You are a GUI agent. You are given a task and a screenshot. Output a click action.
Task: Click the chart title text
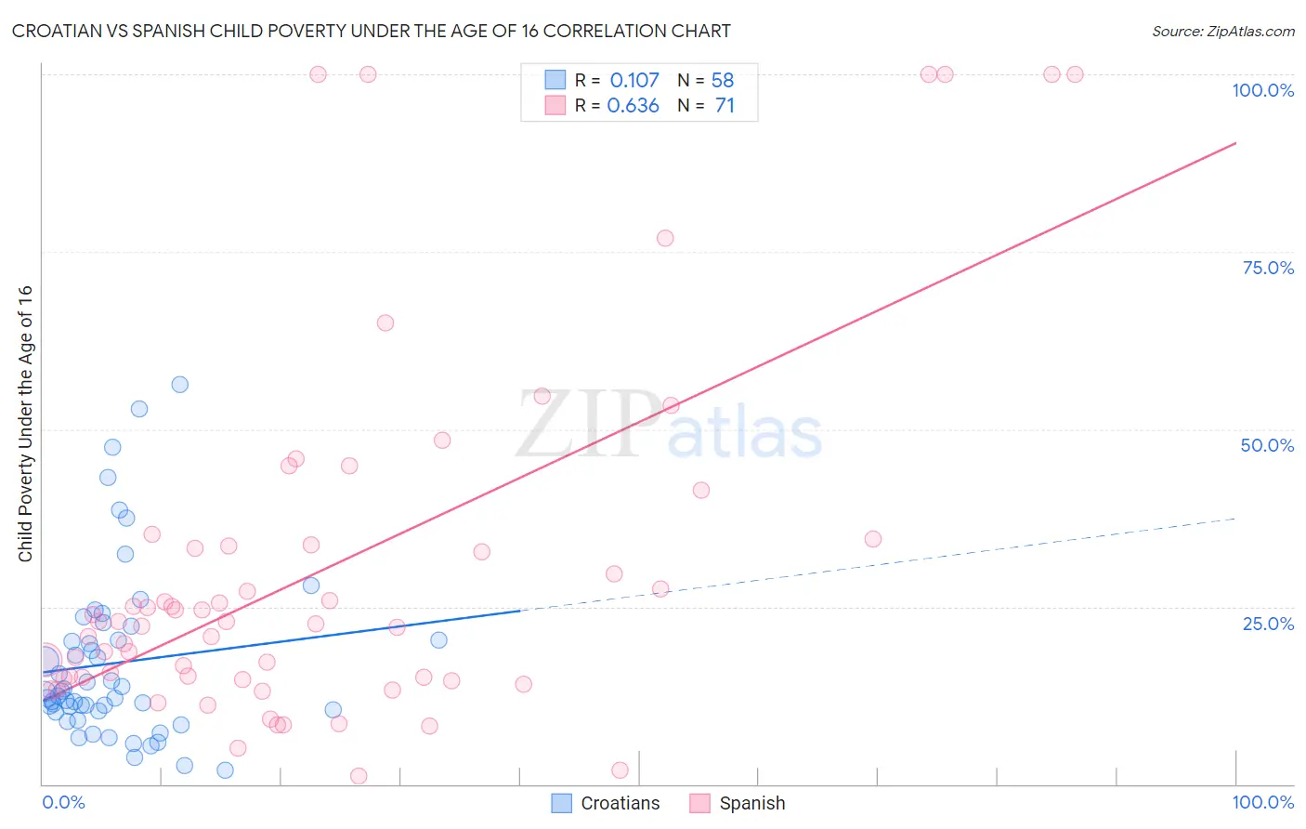point(371,31)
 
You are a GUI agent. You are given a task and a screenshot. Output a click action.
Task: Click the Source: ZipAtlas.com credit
point(1222,31)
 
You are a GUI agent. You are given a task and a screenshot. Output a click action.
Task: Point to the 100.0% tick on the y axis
point(1262,90)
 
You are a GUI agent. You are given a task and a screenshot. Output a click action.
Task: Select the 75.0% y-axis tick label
point(1268,268)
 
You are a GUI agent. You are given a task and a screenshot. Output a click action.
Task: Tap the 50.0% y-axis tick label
point(1267,445)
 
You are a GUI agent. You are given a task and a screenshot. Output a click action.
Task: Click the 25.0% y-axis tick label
point(1268,623)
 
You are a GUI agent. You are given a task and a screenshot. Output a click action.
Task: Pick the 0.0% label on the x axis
point(63,802)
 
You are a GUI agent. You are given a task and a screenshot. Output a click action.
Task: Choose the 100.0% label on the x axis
point(1262,802)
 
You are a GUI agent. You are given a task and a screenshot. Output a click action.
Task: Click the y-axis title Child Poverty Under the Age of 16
point(25,423)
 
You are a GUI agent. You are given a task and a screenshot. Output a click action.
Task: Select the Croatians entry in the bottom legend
point(620,803)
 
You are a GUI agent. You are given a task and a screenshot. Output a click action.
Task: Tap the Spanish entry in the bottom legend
point(751,803)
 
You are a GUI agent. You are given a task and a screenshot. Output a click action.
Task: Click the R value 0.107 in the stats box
point(634,80)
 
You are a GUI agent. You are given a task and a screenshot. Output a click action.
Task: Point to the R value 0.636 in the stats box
point(633,105)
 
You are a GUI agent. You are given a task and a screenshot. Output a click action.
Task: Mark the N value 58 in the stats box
point(723,80)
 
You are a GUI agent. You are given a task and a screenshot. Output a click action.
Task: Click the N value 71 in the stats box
point(725,105)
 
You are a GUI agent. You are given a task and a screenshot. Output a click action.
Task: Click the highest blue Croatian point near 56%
point(180,385)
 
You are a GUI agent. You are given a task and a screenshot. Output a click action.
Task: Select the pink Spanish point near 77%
point(665,238)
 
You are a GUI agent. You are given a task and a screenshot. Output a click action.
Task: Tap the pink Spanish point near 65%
point(385,322)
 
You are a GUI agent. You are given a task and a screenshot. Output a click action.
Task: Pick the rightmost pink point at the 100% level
point(1075,74)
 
